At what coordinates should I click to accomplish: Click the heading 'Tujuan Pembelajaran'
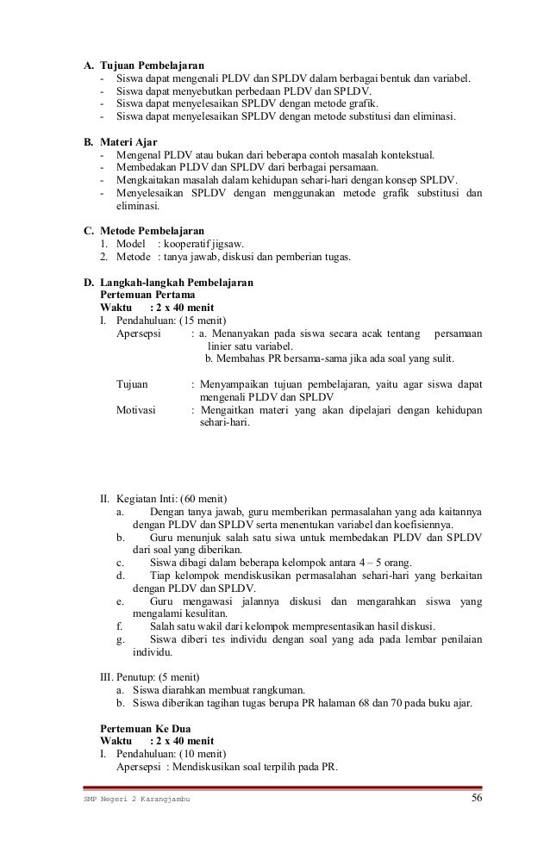pyautogui.click(x=152, y=65)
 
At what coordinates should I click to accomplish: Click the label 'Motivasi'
pyautogui.click(x=137, y=410)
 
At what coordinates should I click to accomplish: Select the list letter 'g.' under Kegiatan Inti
pyautogui.click(x=120, y=639)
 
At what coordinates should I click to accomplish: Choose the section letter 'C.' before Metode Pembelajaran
pyautogui.click(x=88, y=232)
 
